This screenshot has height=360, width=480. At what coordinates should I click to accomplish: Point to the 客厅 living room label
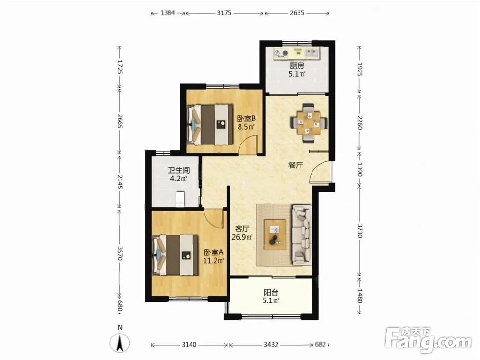[242, 228]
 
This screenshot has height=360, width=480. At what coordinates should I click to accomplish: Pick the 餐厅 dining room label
[296, 166]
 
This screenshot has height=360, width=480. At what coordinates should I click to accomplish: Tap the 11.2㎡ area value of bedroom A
[214, 261]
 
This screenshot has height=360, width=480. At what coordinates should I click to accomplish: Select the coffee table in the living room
[275, 235]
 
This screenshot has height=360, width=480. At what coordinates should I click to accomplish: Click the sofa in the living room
[302, 235]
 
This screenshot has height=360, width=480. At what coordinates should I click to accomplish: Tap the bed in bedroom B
[210, 125]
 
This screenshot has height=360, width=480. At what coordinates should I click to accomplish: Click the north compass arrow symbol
[120, 343]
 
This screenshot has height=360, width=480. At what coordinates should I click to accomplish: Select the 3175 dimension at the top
[224, 13]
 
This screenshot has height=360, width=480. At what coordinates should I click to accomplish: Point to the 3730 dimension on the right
[360, 230]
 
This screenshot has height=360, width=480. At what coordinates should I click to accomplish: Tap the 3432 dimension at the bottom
[271, 345]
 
